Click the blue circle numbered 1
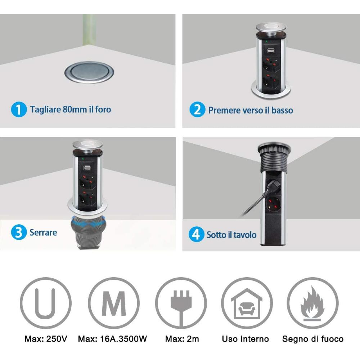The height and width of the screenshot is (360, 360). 19,109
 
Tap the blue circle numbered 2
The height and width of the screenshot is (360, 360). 197,109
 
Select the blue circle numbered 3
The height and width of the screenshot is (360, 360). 19,232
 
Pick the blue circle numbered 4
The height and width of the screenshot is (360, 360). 196,234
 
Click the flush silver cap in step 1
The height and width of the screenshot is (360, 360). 89,72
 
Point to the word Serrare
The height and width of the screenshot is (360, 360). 43,233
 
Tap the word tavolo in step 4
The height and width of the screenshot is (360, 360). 245,235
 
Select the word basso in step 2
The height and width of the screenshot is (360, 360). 282,110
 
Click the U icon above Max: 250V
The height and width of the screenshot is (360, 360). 46,303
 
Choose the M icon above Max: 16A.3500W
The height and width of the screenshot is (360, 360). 114,303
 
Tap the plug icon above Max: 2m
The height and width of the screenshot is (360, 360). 181,303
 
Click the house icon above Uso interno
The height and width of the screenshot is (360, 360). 247,303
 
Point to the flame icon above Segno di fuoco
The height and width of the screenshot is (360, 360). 313,303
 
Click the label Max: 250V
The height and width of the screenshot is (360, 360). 46,339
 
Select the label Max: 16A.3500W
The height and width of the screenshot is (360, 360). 112,339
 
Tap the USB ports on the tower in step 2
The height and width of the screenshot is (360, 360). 271,51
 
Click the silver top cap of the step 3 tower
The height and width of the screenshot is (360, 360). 87,145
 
